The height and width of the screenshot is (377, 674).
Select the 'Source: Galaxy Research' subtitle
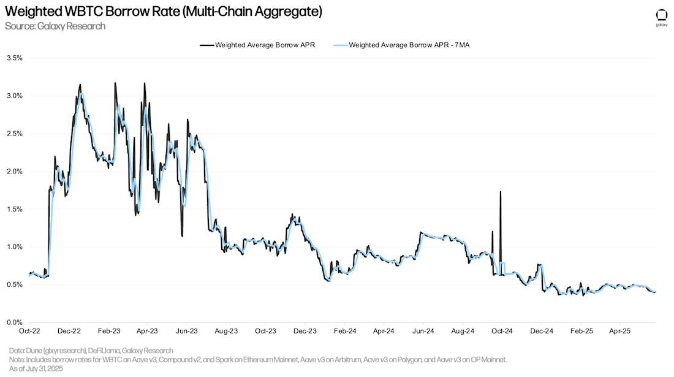(x=55, y=26)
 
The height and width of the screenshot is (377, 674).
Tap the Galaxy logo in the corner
(x=662, y=17)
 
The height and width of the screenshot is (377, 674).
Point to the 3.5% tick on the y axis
(x=14, y=58)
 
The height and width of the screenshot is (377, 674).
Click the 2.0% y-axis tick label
(x=14, y=171)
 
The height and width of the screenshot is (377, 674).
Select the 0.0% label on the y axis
(x=14, y=322)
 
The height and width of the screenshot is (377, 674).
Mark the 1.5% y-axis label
(x=14, y=209)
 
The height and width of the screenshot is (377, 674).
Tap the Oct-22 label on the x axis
(x=29, y=330)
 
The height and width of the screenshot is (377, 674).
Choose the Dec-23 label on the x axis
(x=305, y=330)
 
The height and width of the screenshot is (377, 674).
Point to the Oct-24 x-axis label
(x=502, y=330)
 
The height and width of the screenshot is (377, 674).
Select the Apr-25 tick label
(x=620, y=330)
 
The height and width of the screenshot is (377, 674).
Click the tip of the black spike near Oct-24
(x=501, y=191)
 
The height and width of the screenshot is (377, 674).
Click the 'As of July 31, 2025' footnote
(x=37, y=369)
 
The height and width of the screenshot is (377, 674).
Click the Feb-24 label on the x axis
(x=345, y=330)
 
